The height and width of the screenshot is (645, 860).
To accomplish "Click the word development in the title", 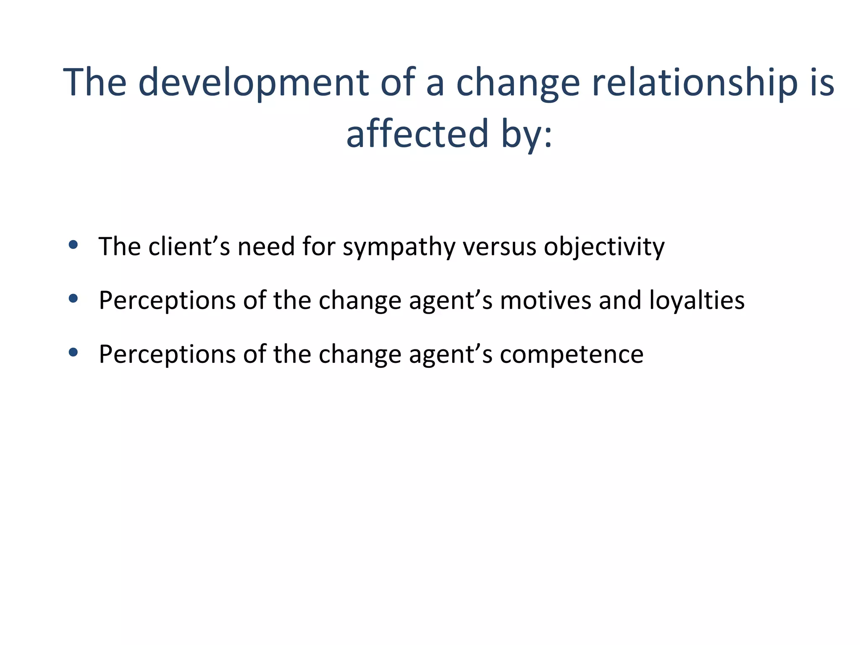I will point(253,83).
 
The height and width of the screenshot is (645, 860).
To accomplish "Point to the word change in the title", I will point(518,83).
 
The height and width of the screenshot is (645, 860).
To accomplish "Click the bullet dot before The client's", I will point(73,245).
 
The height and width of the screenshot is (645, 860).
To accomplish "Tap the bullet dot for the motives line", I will point(73,299).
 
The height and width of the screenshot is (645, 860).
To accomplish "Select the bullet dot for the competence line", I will point(73,352).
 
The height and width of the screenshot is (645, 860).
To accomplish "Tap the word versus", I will point(499,247).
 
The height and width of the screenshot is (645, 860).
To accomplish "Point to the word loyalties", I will point(697,301).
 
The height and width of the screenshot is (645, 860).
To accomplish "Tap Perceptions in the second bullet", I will point(167,301).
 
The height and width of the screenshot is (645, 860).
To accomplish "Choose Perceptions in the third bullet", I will point(167,354).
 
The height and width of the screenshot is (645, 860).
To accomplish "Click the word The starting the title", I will point(95,83).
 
